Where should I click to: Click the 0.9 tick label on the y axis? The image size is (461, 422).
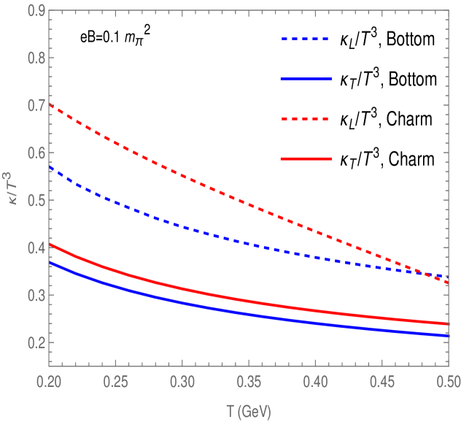coord(34,11)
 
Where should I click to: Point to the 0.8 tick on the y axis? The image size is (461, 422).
coord(34,58)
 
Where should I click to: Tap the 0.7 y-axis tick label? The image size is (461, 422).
coord(34,106)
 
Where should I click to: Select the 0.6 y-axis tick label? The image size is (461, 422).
coord(34,153)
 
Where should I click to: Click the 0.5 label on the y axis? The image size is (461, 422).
coord(34,201)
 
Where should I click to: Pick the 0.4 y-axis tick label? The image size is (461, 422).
coord(34,248)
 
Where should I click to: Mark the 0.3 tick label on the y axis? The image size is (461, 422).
coord(34,296)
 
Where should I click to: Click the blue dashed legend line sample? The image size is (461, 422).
coord(306,39)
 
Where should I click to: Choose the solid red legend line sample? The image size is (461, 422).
coord(306,158)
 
